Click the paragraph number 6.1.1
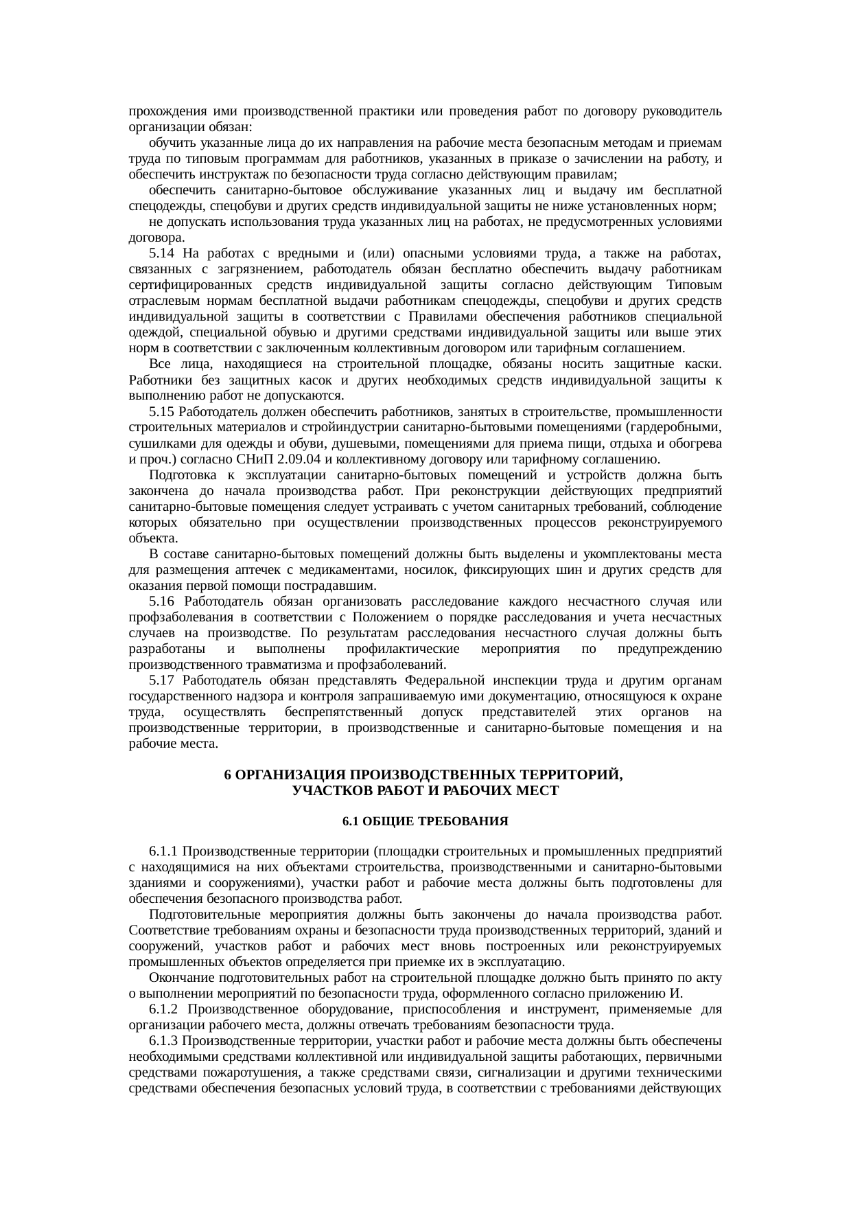click(x=164, y=852)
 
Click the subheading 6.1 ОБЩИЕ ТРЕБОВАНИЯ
click(x=425, y=822)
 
